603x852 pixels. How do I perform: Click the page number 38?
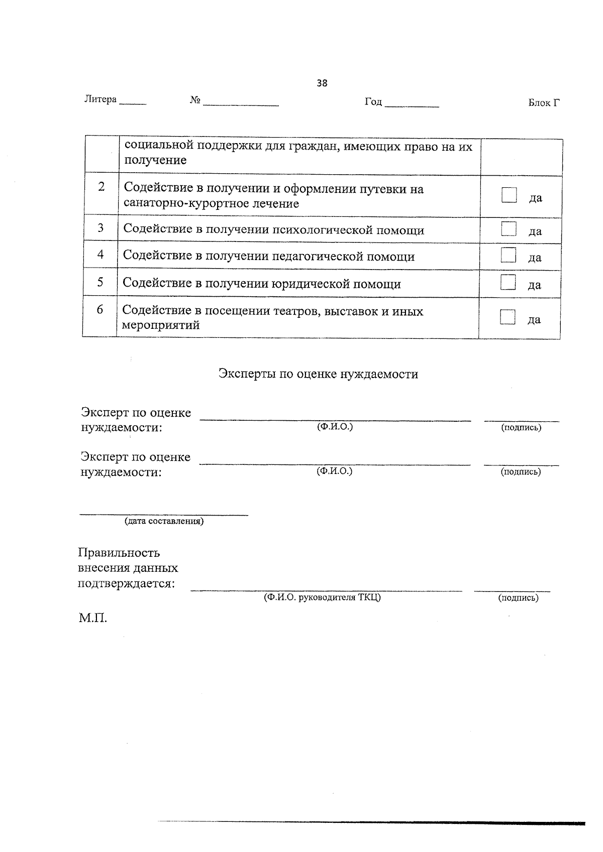click(x=322, y=83)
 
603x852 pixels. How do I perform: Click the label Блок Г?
click(x=544, y=103)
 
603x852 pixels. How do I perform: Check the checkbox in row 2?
click(x=509, y=195)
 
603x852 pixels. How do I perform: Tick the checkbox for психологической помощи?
click(x=509, y=229)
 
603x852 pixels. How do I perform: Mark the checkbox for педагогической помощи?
click(x=508, y=256)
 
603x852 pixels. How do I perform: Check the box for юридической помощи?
click(x=508, y=283)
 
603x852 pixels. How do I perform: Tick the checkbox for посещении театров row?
click(x=508, y=317)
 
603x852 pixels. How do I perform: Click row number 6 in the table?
click(x=100, y=310)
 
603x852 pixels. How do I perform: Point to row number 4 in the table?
click(x=100, y=255)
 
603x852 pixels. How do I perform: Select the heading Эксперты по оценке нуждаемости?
click(x=318, y=374)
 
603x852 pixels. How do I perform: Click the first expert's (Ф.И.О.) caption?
click(x=335, y=427)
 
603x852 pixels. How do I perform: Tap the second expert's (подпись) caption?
click(x=521, y=472)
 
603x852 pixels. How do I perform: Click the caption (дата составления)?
click(x=164, y=521)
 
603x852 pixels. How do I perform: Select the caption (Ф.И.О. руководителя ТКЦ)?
click(x=322, y=597)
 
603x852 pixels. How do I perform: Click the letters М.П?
click(x=93, y=618)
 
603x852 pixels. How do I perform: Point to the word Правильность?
click(x=119, y=553)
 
